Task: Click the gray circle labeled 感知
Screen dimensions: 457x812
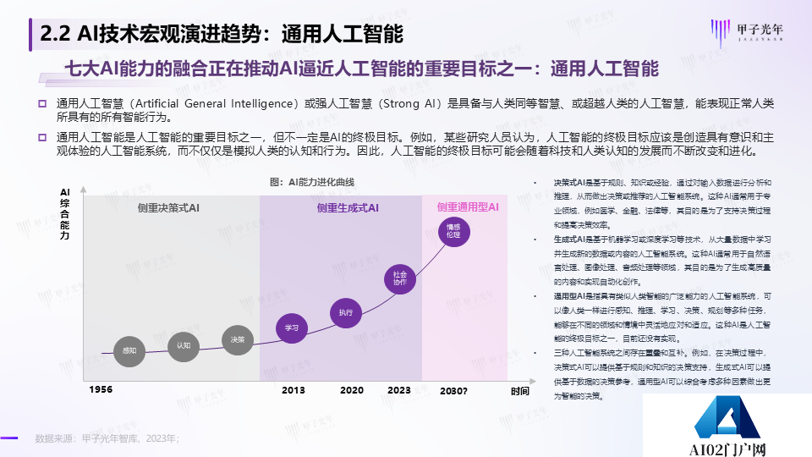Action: tap(129, 350)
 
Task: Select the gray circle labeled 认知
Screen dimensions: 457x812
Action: tap(184, 345)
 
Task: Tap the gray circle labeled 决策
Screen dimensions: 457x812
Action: tap(238, 339)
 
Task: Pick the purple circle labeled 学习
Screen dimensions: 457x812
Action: tap(292, 328)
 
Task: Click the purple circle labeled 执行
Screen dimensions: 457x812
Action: tap(345, 312)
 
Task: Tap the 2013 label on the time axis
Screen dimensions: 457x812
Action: tap(294, 390)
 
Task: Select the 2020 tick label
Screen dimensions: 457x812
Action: tap(352, 390)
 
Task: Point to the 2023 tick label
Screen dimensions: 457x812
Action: tap(398, 390)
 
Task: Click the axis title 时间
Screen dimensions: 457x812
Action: tap(519, 391)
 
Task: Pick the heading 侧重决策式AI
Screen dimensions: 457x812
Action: tap(169, 207)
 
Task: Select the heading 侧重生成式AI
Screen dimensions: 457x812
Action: tap(348, 207)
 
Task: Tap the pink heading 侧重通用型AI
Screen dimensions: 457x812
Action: tap(468, 206)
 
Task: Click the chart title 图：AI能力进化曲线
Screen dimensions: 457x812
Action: tap(312, 182)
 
